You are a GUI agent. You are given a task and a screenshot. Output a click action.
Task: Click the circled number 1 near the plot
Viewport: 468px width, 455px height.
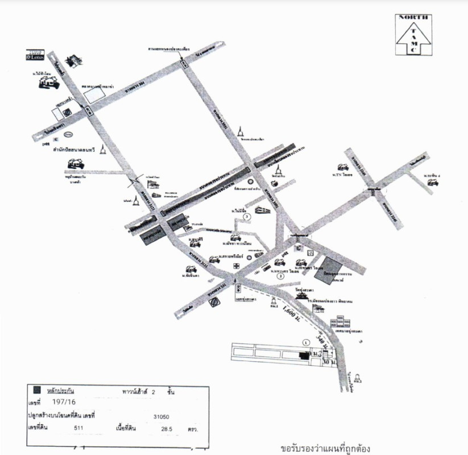click(306, 342)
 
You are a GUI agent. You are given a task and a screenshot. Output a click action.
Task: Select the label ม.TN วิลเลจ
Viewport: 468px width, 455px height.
click(343, 175)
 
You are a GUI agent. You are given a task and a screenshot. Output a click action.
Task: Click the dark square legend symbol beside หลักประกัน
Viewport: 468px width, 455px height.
click(37, 390)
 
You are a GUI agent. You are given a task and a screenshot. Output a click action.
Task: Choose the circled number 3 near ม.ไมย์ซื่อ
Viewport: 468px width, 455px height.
click(247, 217)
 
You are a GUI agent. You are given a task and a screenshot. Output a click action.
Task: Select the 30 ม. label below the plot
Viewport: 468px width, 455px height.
click(329, 362)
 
